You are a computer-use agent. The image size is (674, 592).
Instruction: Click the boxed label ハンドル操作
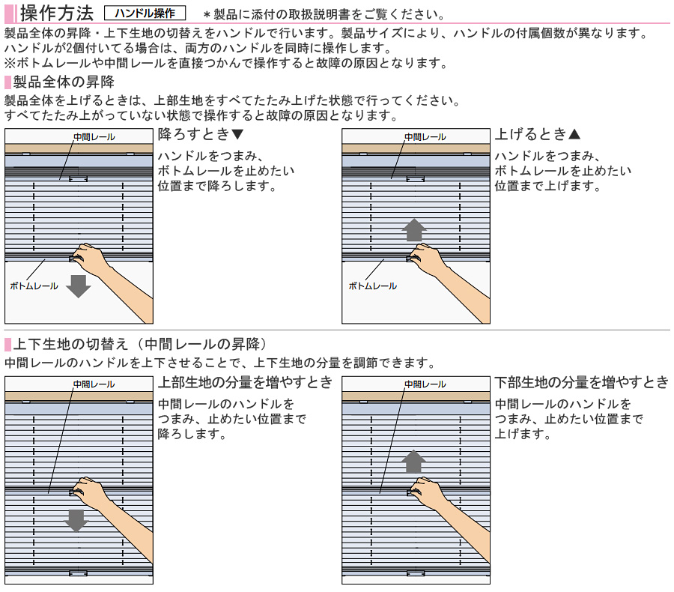(x=145, y=13)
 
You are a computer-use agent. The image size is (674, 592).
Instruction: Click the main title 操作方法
(x=57, y=13)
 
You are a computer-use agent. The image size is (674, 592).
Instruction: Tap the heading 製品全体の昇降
(x=64, y=82)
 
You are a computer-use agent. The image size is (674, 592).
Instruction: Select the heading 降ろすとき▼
(x=201, y=134)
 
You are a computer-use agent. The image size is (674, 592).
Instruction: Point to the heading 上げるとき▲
(x=538, y=134)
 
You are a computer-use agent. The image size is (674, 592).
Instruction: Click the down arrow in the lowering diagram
(x=78, y=286)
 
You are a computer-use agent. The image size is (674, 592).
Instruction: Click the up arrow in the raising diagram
(x=414, y=230)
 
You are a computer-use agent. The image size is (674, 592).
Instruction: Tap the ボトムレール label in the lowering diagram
(x=34, y=286)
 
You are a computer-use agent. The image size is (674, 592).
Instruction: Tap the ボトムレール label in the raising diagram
(x=373, y=286)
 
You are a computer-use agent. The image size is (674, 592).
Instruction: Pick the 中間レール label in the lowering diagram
(x=94, y=137)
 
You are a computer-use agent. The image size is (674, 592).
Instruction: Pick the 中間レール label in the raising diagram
(x=425, y=137)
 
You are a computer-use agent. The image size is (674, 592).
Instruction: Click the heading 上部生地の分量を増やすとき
(x=246, y=382)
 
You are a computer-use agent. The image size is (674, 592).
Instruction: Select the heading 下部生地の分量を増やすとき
(x=582, y=382)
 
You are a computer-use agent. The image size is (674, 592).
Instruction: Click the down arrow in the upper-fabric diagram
(x=76, y=521)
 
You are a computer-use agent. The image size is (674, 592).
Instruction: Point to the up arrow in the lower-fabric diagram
(x=413, y=462)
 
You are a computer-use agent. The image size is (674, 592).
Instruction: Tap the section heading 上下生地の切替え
(x=70, y=344)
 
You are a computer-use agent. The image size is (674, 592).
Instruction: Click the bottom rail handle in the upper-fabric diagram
(x=78, y=573)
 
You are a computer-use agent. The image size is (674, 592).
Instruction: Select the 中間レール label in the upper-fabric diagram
(x=94, y=384)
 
